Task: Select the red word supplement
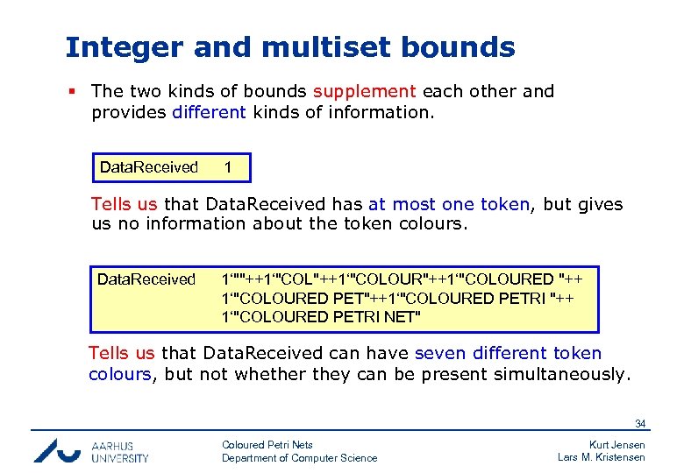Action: (x=365, y=91)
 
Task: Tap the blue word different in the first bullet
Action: (x=210, y=111)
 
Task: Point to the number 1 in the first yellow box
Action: (x=228, y=166)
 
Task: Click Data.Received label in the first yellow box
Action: (x=148, y=166)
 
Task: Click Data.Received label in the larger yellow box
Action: (x=146, y=279)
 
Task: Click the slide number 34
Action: (x=640, y=424)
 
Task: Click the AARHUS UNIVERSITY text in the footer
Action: (x=120, y=451)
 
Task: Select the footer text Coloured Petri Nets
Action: (x=267, y=445)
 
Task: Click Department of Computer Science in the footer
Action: (x=299, y=458)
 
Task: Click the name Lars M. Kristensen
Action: (x=602, y=458)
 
